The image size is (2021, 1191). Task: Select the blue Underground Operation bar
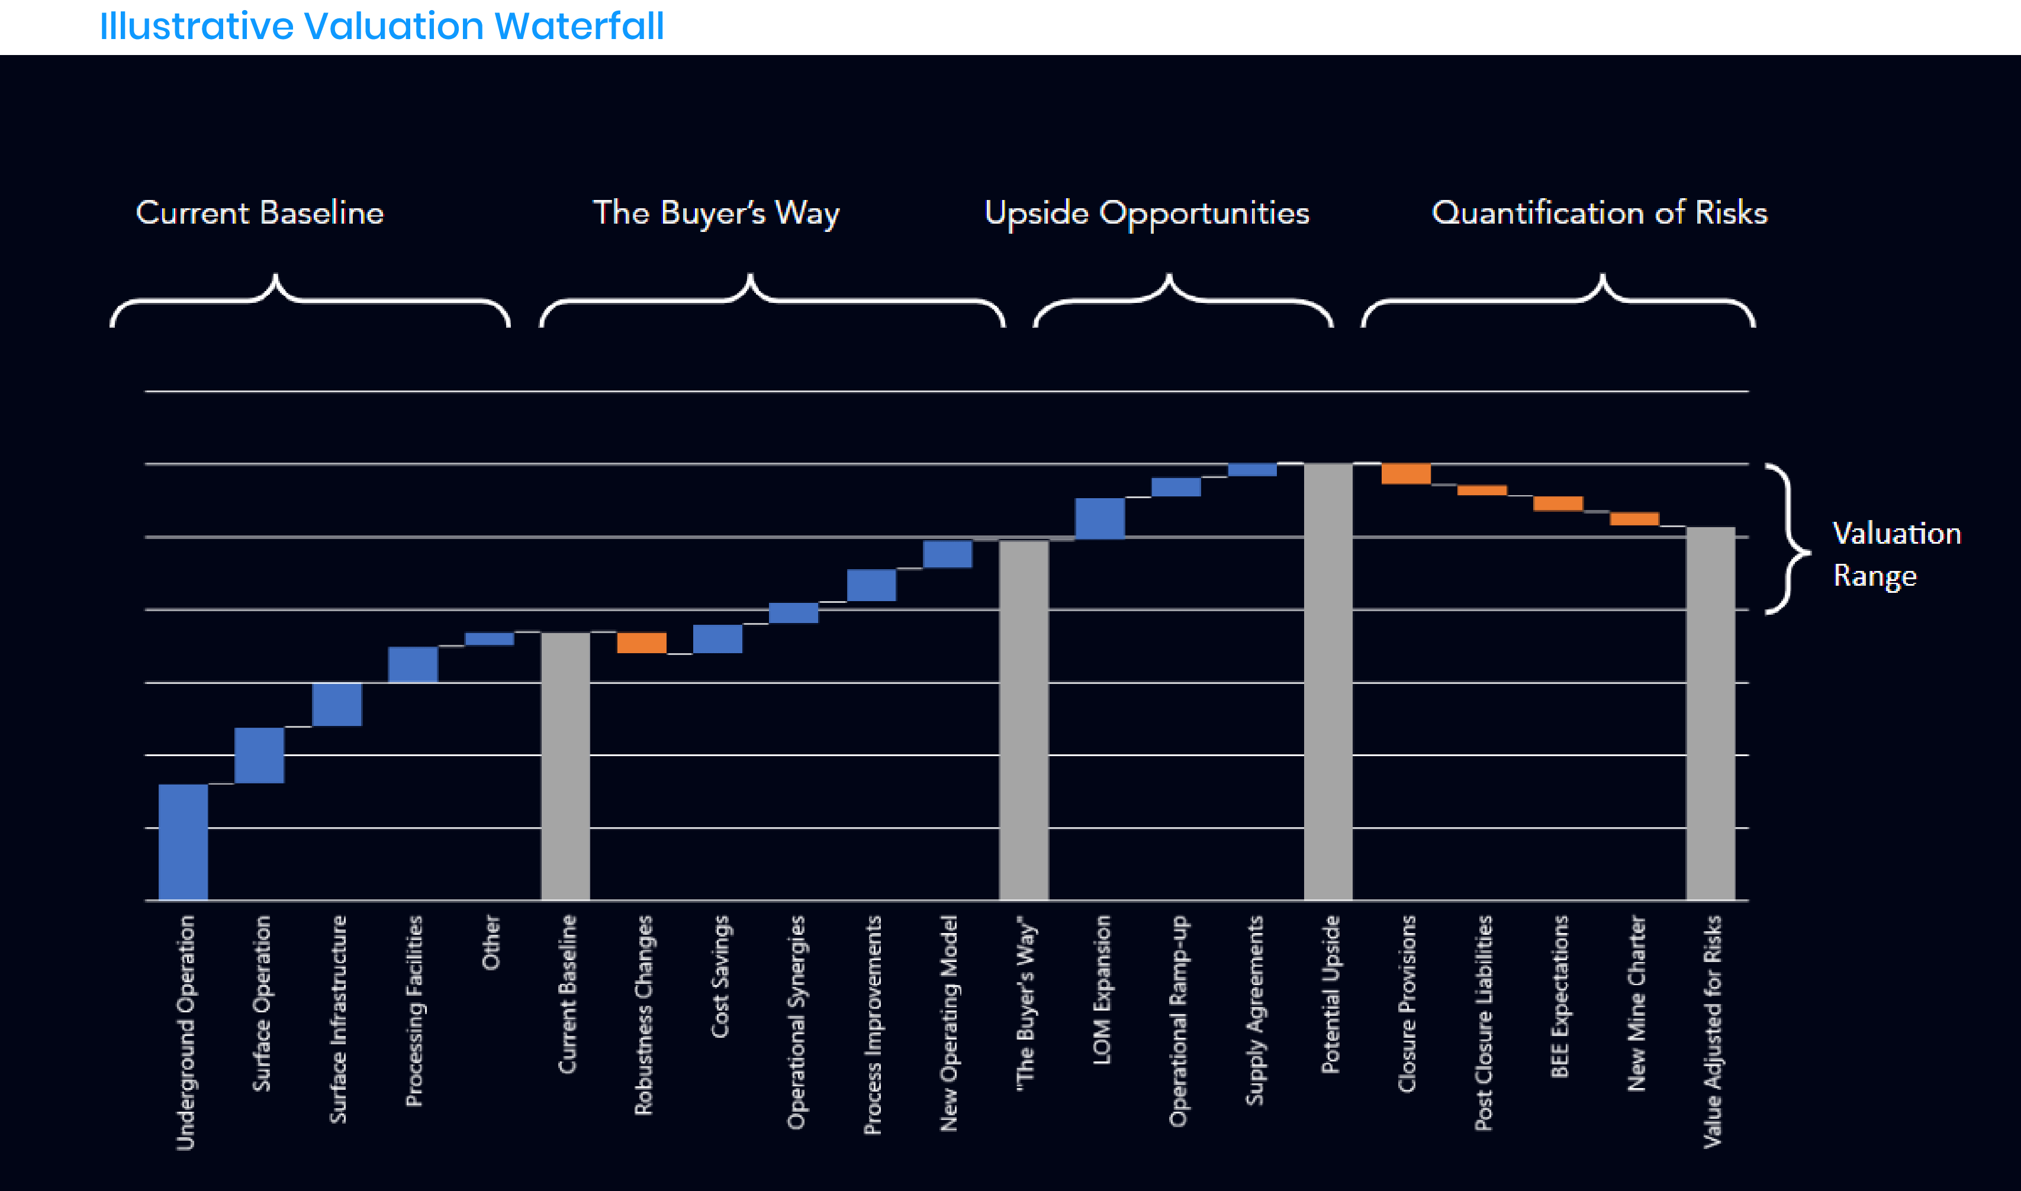pos(183,841)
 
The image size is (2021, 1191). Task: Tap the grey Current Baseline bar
pos(565,766)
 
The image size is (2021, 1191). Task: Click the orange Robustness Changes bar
pos(642,643)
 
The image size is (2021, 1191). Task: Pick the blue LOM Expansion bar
pos(1100,518)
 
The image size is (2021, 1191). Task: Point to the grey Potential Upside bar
pos(1328,682)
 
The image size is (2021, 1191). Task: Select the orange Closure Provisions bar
pos(1406,473)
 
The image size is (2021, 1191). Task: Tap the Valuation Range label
pos(1897,554)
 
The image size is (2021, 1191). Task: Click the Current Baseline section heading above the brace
pos(259,212)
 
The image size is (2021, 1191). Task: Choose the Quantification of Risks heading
pos(1600,212)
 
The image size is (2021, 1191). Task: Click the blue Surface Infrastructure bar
pos(337,705)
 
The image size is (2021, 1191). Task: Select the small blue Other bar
pos(490,639)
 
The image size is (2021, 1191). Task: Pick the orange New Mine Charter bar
pos(1635,518)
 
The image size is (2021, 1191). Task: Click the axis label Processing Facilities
pos(414,1011)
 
